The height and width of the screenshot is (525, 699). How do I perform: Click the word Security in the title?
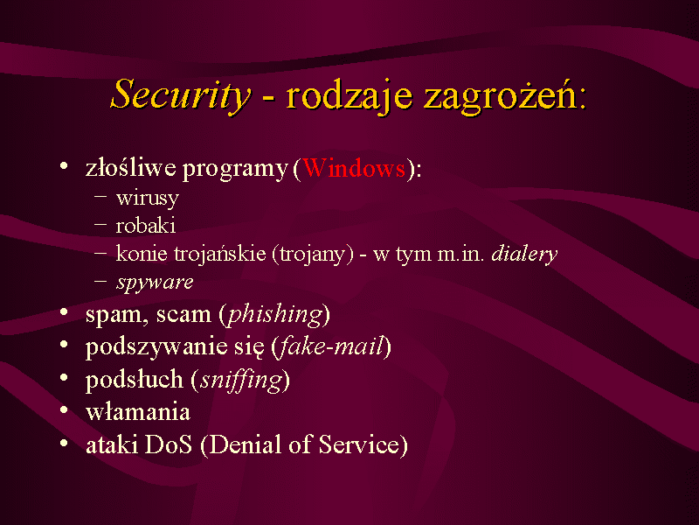coord(181,94)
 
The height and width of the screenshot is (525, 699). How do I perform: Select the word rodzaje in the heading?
coord(349,96)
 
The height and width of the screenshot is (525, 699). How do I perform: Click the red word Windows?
coord(354,168)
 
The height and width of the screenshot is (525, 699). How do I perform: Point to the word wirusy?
coord(147,199)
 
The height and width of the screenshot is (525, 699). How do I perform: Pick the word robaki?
coord(145,226)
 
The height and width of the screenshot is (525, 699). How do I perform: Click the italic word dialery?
coord(524,255)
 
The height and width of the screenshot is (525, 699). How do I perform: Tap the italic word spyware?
coord(155,283)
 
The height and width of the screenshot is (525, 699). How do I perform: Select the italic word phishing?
coord(275,315)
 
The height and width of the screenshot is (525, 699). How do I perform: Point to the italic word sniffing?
coord(241,381)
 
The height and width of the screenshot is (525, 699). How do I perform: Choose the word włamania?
coord(138,411)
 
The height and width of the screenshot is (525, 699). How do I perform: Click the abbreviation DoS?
coord(169,444)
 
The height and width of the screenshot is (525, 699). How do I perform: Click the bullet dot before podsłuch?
coord(64,378)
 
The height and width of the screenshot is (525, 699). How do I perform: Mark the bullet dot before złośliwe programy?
coord(64,166)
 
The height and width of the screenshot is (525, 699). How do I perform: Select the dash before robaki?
coord(100,225)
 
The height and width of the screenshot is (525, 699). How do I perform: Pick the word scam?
coord(183,315)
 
